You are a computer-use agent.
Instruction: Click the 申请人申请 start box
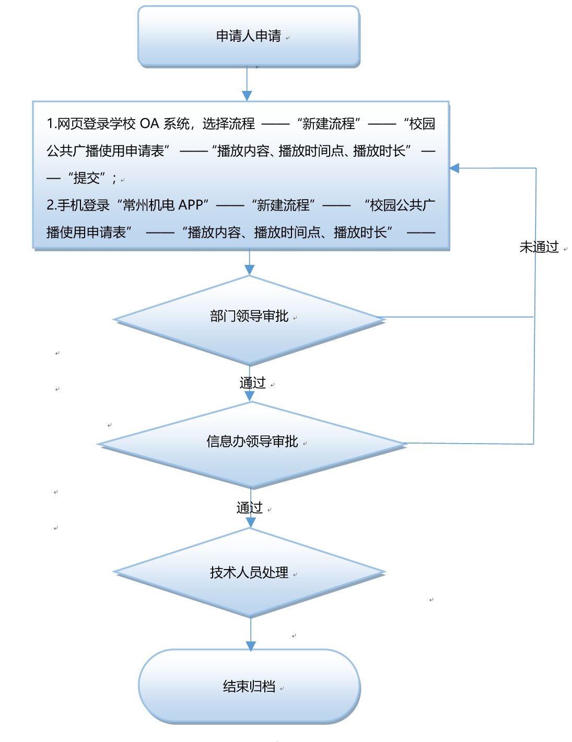pos(249,36)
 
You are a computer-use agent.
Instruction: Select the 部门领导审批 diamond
pos(249,318)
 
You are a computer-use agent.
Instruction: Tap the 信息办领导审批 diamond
pos(252,443)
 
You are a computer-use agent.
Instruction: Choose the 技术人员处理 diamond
pos(249,572)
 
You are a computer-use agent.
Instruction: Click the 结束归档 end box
pos(249,686)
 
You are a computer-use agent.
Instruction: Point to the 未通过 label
pos(539,247)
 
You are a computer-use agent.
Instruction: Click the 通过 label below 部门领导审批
pos(253,383)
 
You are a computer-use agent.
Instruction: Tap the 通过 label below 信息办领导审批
pos(250,507)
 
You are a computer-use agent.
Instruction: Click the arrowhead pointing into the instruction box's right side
pos(454,168)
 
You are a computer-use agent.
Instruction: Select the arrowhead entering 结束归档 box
pos(251,646)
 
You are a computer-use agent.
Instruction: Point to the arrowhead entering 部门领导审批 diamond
pos(250,270)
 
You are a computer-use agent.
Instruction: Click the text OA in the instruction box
pos(149,124)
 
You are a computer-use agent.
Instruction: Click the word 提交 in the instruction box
pos(87,178)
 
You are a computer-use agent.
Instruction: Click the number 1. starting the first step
pos(51,124)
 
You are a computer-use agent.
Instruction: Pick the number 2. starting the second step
pos(51,205)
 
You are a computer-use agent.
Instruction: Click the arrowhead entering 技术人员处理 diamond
pos(251,523)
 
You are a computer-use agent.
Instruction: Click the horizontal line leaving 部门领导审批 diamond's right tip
pos(460,317)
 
